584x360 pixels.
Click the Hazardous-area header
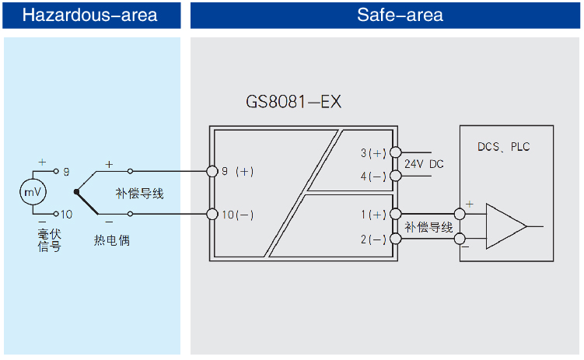tap(90, 15)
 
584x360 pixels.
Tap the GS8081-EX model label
tap(294, 103)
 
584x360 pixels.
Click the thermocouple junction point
tap(75, 191)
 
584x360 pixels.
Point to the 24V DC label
tap(425, 164)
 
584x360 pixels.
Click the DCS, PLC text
tap(504, 146)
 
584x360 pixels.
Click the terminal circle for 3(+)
tap(395, 152)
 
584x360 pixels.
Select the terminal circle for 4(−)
tap(395, 177)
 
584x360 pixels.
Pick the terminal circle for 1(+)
tap(395, 214)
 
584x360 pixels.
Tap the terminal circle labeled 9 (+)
tap(211, 171)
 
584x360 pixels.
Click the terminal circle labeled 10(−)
tap(211, 214)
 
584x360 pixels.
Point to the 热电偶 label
tap(111, 240)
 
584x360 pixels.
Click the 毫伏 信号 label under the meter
tap(48, 239)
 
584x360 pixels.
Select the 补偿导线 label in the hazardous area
tap(140, 193)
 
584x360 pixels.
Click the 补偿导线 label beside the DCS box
tap(428, 226)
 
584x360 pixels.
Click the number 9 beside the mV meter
tap(66, 170)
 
